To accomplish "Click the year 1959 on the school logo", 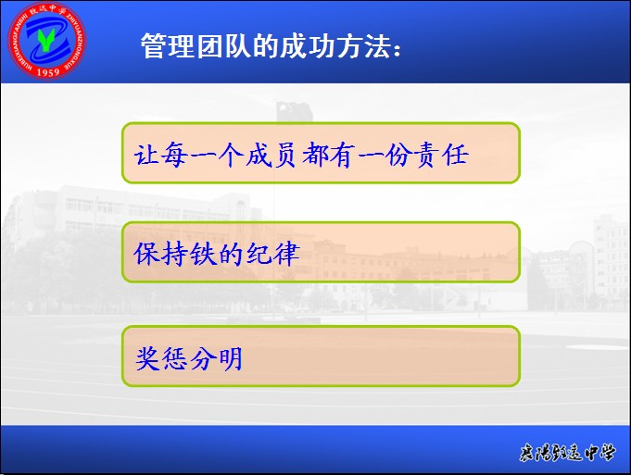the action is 48,72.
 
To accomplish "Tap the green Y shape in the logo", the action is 46,39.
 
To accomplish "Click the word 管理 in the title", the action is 168,46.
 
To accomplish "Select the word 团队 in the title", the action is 223,46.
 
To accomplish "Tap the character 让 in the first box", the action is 145,154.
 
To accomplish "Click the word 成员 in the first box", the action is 271,154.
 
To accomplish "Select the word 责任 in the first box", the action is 442,155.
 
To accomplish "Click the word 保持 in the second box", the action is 160,254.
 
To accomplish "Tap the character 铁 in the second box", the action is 203,254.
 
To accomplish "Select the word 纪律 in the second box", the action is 272,254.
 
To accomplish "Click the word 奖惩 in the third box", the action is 161,358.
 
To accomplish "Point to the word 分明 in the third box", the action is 216,358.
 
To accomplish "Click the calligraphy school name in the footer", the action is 567,453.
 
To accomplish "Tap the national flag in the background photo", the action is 295,110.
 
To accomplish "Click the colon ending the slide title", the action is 397,51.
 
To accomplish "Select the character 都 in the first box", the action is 315,155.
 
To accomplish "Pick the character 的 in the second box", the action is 231,254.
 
